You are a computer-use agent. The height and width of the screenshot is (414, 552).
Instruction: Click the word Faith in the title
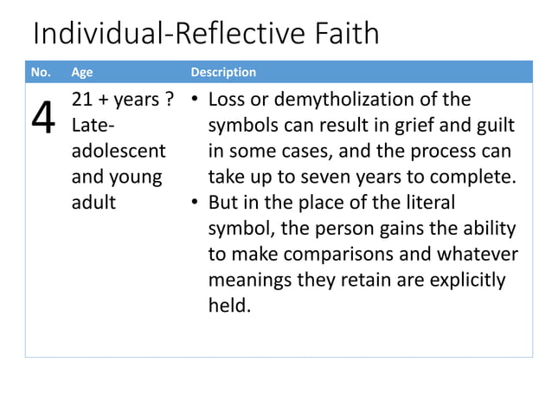coord(343,34)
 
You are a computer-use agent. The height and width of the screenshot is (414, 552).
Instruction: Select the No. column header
coord(41,72)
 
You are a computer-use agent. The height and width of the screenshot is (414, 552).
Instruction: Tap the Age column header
coord(81,72)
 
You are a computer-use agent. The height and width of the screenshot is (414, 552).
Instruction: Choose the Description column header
coord(223,72)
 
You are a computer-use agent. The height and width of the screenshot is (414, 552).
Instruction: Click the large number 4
coord(43,122)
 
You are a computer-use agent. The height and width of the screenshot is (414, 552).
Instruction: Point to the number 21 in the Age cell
coord(80,100)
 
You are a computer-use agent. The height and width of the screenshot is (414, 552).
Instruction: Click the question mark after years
coord(160,100)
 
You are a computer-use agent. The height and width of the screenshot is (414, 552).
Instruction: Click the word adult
coord(91,204)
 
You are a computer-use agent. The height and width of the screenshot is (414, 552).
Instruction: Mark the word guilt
coord(494,126)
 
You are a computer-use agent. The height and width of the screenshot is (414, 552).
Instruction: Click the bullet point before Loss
coord(196,100)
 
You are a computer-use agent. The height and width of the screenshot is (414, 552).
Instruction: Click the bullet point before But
coord(196,204)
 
